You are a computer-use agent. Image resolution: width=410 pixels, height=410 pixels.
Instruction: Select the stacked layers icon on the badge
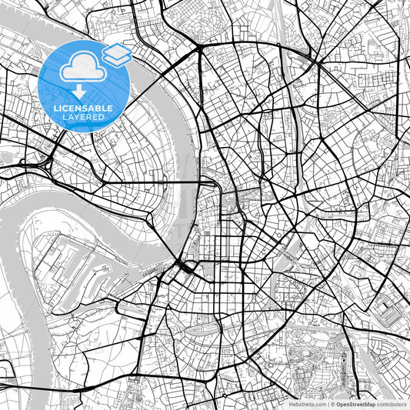(116, 54)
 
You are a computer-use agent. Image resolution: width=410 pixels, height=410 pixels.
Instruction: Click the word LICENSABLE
(82, 108)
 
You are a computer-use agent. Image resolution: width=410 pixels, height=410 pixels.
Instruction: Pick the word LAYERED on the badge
(82, 118)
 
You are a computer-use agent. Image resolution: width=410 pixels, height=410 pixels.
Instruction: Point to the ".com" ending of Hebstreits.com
(318, 404)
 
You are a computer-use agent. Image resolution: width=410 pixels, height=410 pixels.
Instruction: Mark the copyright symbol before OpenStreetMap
(332, 404)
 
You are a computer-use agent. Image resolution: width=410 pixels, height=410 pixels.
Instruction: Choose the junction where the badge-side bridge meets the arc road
(198, 48)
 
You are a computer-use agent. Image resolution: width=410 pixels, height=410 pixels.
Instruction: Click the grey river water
(165, 123)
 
